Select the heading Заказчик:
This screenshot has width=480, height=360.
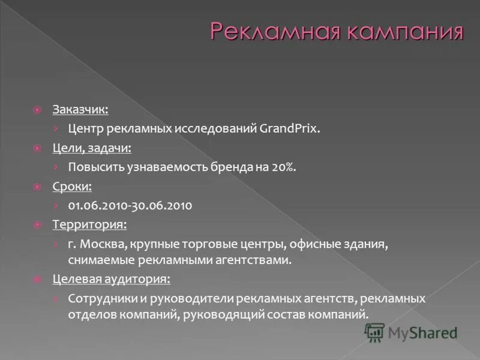coord(80,110)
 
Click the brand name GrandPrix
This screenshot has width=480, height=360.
coord(290,128)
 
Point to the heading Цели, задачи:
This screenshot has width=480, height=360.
coord(92,148)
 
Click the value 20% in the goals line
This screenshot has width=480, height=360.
coord(284,167)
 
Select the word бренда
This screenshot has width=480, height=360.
coord(235,167)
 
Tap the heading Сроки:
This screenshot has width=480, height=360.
coord(72,186)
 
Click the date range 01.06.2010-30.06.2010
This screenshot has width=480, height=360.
coord(130,205)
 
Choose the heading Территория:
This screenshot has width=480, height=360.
coord(89,224)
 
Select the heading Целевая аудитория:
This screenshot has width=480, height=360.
coord(111,279)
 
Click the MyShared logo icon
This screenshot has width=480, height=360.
coord(375,332)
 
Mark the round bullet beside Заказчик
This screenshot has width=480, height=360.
coord(37,110)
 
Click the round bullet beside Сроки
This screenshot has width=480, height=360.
coord(37,187)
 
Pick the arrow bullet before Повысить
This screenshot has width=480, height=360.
coord(55,167)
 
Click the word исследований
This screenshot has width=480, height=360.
coord(216,128)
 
